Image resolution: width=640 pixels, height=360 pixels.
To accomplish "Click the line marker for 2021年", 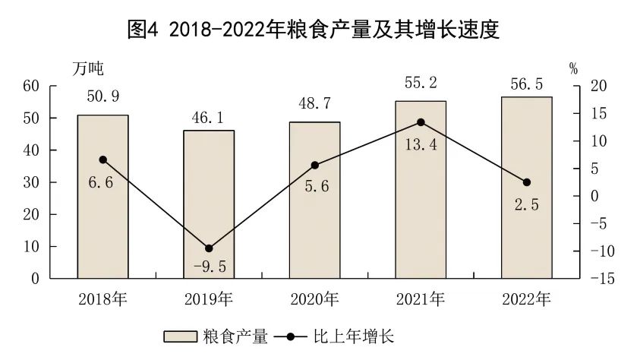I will point(421,122).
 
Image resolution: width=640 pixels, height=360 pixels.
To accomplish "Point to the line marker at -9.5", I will point(209,248).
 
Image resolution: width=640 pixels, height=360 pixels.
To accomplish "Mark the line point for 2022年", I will point(526,182).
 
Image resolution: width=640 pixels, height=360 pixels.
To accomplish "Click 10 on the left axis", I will point(30,247).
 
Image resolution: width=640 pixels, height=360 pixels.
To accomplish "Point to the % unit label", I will point(573,68).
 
